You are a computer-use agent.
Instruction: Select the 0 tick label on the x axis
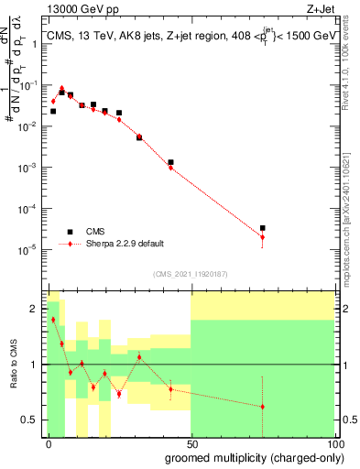(49, 443)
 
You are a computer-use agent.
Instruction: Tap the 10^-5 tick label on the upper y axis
(28, 249)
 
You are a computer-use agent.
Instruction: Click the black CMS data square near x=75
(262, 228)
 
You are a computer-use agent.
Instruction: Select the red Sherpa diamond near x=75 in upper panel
(262, 237)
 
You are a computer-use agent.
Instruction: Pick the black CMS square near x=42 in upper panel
(170, 162)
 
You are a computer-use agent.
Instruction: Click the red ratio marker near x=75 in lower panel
(262, 407)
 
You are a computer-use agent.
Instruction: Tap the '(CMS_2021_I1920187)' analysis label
(189, 273)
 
